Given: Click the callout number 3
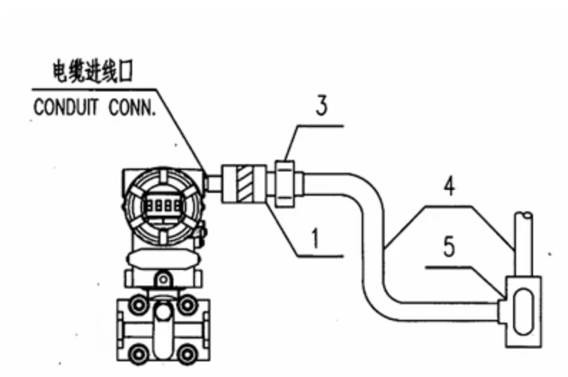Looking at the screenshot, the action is (322, 106).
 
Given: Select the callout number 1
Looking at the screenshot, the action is (316, 238).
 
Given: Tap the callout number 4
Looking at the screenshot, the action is (449, 186).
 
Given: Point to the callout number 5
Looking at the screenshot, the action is (449, 246).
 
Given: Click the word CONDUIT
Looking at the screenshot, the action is (66, 107).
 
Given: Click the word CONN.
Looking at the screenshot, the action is (133, 107).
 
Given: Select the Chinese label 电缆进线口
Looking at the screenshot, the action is (93, 71).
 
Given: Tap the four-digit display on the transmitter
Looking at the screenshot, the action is (163, 206).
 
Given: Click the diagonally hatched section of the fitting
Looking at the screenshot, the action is (245, 184).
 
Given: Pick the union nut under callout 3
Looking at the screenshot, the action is (285, 184).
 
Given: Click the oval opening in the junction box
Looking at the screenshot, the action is (524, 311).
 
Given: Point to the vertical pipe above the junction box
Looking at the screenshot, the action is (524, 244).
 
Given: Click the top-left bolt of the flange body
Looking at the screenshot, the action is (138, 304).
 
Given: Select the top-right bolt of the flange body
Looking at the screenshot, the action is (187, 304).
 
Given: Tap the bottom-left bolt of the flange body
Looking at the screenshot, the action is (138, 353).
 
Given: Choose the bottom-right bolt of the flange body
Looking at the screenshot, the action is (187, 353).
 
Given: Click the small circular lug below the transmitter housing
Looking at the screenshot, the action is (163, 279).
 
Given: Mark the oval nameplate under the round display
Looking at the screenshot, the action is (163, 258).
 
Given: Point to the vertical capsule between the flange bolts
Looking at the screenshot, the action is (163, 331).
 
